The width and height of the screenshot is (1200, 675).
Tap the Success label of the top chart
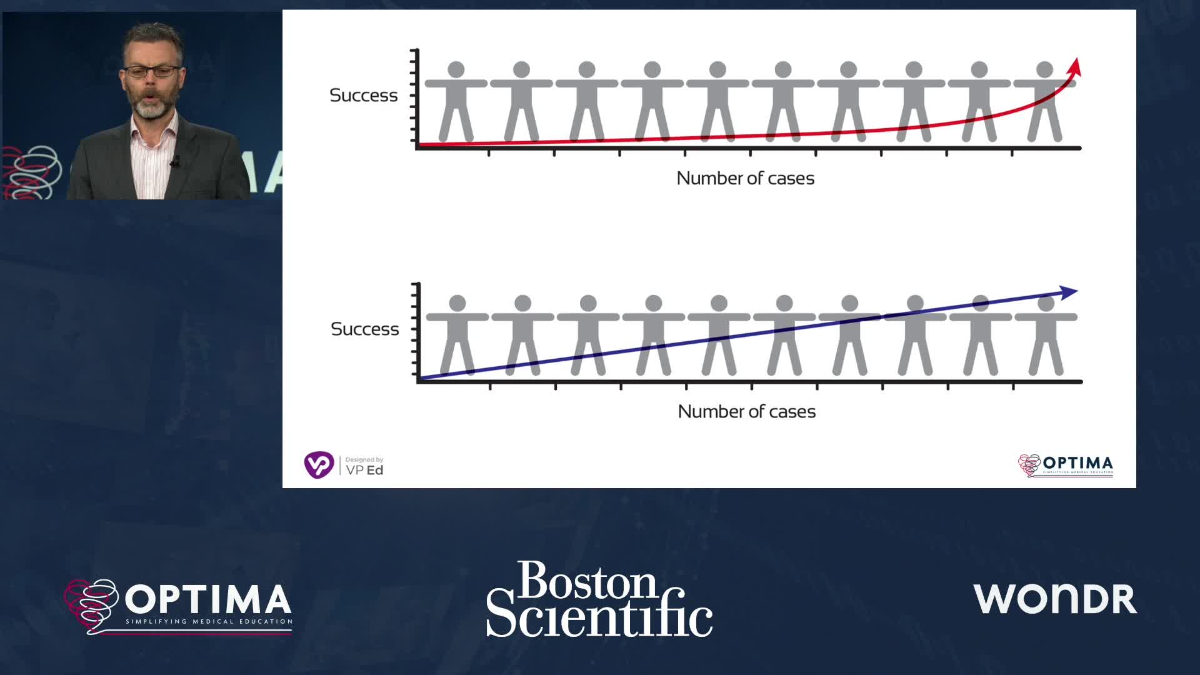(x=363, y=96)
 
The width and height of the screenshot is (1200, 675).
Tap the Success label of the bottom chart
(x=364, y=329)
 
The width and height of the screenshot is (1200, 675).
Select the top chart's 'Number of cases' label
(x=745, y=179)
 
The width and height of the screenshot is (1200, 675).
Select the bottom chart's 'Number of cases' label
(x=746, y=412)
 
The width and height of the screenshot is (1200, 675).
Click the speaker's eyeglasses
(x=152, y=71)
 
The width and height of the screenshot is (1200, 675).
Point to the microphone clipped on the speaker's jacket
(x=175, y=162)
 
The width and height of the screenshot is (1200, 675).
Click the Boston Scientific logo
(x=599, y=599)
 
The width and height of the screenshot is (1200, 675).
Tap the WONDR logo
(x=1054, y=599)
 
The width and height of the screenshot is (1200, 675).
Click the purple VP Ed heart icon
(x=319, y=465)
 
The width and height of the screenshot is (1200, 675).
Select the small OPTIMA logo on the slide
(x=1066, y=465)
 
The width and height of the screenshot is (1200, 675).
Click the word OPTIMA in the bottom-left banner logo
(x=208, y=599)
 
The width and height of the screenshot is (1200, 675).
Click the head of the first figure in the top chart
(x=456, y=69)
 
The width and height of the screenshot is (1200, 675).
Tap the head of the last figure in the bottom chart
(x=1046, y=303)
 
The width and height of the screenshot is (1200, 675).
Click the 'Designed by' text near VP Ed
(x=364, y=460)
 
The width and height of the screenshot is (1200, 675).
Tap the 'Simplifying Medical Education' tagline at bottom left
(x=209, y=622)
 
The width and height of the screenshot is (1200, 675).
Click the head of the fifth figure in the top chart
(x=717, y=69)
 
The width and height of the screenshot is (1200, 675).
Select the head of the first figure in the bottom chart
(x=457, y=303)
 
